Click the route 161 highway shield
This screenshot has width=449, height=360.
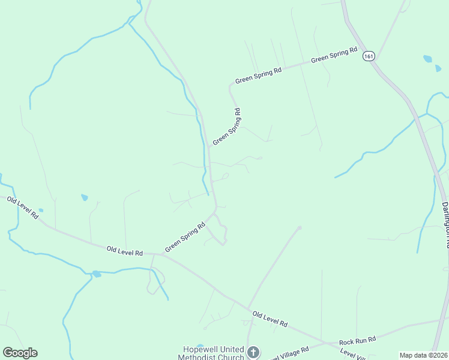click(369, 56)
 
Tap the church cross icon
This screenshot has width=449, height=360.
click(253, 352)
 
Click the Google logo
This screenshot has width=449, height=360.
click(20, 353)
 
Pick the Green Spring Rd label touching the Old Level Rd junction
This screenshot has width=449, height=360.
click(185, 236)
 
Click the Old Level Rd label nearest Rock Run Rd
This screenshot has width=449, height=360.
click(270, 319)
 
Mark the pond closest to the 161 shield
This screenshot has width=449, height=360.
click(427, 59)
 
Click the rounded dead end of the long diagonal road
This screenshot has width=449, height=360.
click(299, 228)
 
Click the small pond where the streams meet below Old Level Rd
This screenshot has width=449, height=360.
click(96, 274)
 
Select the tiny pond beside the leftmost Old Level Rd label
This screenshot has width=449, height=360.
click(41, 211)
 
